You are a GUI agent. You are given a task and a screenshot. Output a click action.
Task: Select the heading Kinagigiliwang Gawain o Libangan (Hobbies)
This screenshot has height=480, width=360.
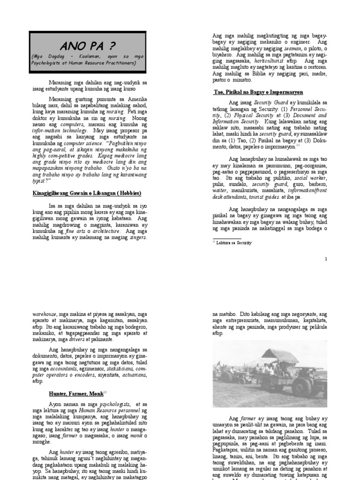point(87,193)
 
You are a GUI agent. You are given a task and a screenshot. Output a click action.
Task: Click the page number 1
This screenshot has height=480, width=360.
point(326,259)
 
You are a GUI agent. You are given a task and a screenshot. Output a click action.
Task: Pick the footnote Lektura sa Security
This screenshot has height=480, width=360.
point(233,243)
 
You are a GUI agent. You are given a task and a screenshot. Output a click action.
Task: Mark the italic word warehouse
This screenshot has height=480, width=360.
point(44,314)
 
